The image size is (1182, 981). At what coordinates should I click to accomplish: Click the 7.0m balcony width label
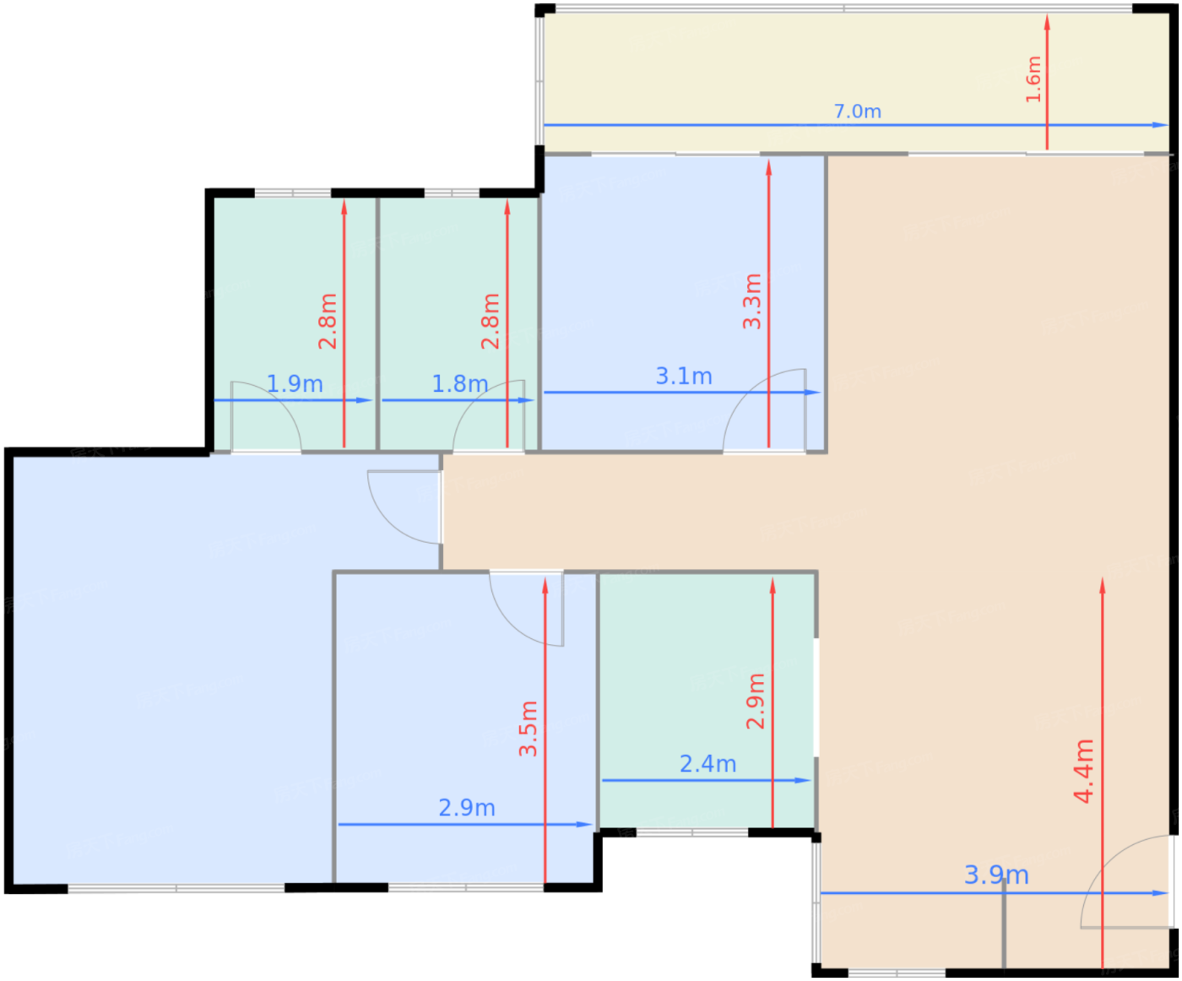[x=857, y=111]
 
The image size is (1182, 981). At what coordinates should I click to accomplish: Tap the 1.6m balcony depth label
[x=1033, y=79]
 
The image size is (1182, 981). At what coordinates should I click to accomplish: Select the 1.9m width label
[x=295, y=384]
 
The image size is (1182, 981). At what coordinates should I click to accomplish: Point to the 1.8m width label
[x=459, y=384]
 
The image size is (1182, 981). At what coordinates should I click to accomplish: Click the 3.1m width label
[x=684, y=376]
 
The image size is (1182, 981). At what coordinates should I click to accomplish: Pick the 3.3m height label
[x=751, y=301]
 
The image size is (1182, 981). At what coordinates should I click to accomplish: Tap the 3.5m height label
[x=529, y=729]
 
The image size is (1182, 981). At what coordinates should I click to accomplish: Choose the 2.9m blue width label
[x=467, y=808]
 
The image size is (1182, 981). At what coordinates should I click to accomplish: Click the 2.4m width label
[x=708, y=764]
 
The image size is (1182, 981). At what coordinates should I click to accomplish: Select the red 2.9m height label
[x=756, y=701]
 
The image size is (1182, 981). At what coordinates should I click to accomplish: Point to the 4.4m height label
[x=1083, y=771]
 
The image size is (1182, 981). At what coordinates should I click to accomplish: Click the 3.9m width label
[x=996, y=875]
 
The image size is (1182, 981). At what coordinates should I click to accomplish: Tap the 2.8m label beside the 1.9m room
[x=328, y=321]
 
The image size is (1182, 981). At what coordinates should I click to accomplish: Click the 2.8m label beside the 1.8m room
[x=491, y=321]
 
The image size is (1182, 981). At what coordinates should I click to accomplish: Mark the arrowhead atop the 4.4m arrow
[x=1102, y=586]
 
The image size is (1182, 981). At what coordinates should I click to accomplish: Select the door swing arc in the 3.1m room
[x=746, y=391]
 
